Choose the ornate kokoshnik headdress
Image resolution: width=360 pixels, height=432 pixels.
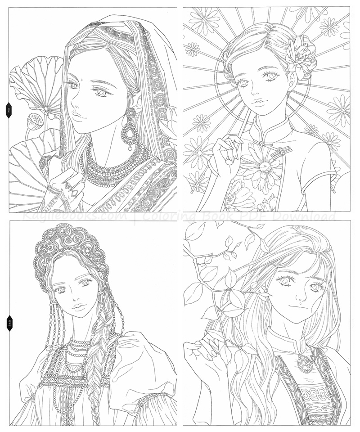coord(70,250)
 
